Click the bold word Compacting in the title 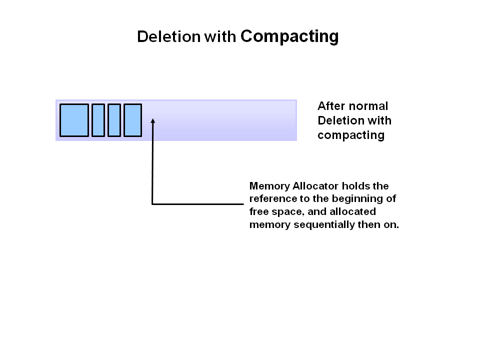(x=289, y=36)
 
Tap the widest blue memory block (x=74, y=120)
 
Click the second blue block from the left (x=98, y=120)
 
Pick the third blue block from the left (x=114, y=120)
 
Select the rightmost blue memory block (x=132, y=120)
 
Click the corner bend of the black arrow (x=152, y=203)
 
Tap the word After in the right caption (x=331, y=106)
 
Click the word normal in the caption (x=368, y=106)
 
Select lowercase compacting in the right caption (x=350, y=135)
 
